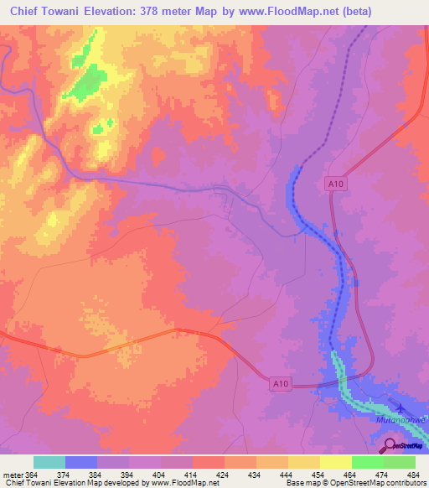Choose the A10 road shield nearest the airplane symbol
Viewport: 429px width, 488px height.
point(334,182)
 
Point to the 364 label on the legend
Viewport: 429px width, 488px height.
point(32,475)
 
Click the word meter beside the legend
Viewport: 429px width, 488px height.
point(11,475)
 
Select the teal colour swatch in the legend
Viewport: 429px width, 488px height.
point(49,462)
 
